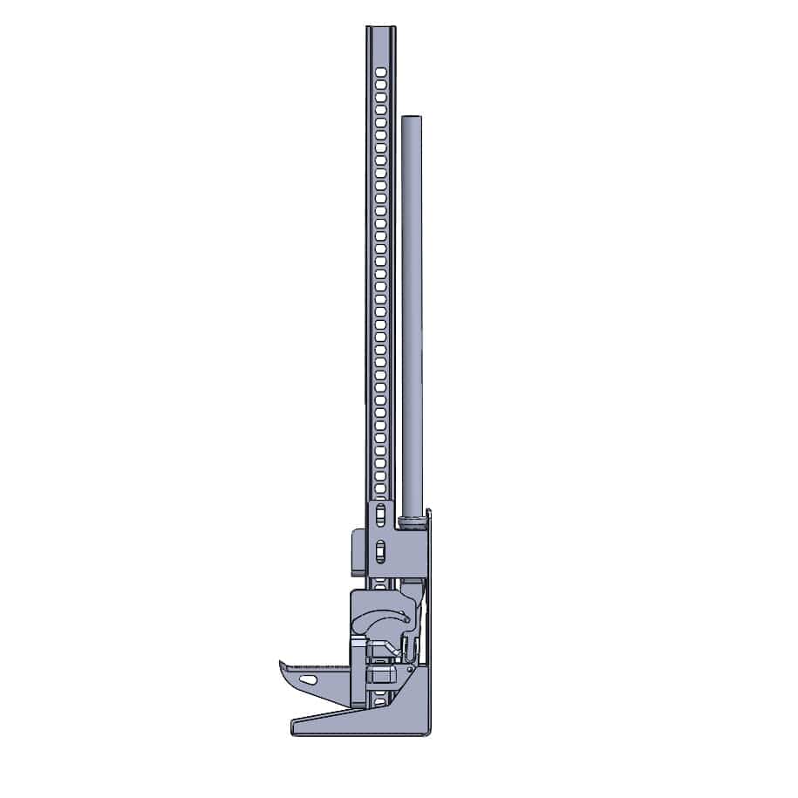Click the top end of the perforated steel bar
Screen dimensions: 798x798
380,28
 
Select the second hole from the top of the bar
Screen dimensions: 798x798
380,82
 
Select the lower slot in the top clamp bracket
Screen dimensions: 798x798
380,550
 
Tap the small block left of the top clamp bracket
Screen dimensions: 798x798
356,551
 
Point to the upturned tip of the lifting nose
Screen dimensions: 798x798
283,665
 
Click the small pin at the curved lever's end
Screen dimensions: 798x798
406,620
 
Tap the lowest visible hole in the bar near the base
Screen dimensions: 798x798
380,699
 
